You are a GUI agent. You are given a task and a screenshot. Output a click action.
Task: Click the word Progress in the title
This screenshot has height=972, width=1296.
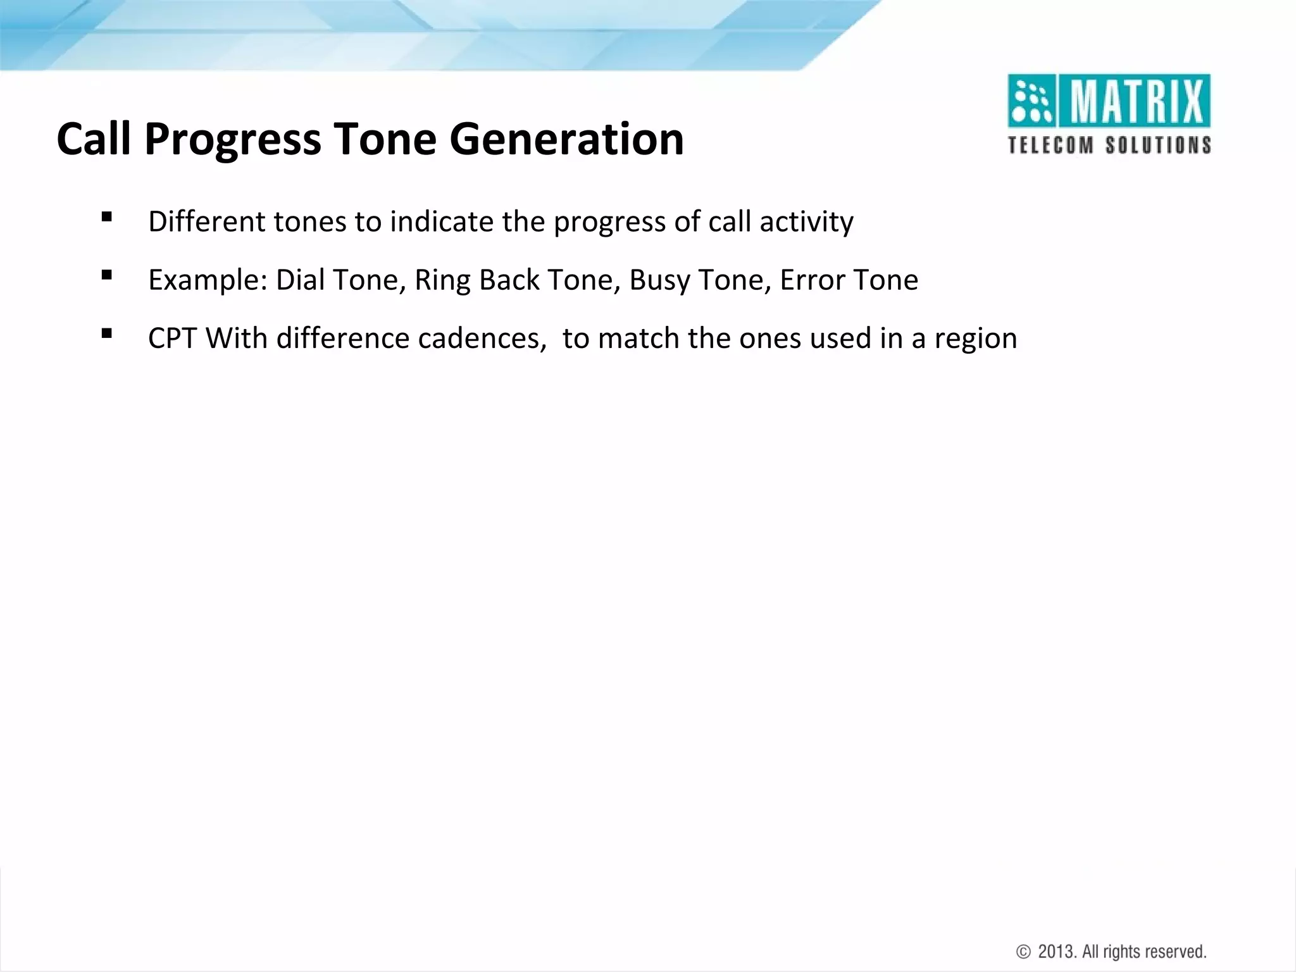tap(232, 140)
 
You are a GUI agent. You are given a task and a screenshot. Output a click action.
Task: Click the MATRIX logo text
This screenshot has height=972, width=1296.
tap(1137, 101)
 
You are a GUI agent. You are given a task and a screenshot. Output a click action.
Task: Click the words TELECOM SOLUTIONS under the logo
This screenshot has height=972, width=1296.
tap(1109, 145)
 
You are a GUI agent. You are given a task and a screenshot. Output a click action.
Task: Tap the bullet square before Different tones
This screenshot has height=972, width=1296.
tap(106, 218)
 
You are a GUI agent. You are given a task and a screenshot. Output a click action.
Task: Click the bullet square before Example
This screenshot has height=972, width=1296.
tap(106, 275)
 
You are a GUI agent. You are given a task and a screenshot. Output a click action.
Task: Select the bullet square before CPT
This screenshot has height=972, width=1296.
tap(106, 333)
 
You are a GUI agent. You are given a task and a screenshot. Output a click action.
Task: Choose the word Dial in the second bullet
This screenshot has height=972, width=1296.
tap(300, 280)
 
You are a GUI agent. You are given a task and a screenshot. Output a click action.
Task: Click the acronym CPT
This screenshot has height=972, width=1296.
tap(172, 338)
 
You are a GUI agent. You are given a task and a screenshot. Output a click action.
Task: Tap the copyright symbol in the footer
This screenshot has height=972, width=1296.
tap(1023, 952)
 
